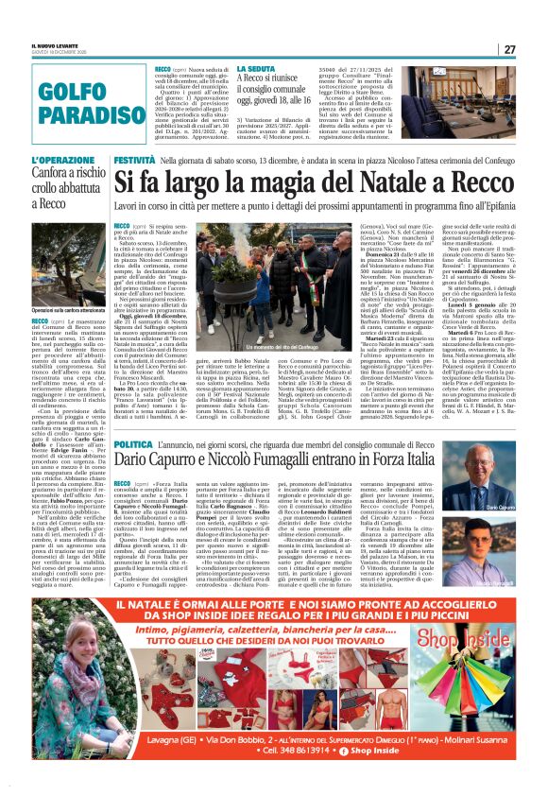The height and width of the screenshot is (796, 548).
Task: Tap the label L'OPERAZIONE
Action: pos(57,161)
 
